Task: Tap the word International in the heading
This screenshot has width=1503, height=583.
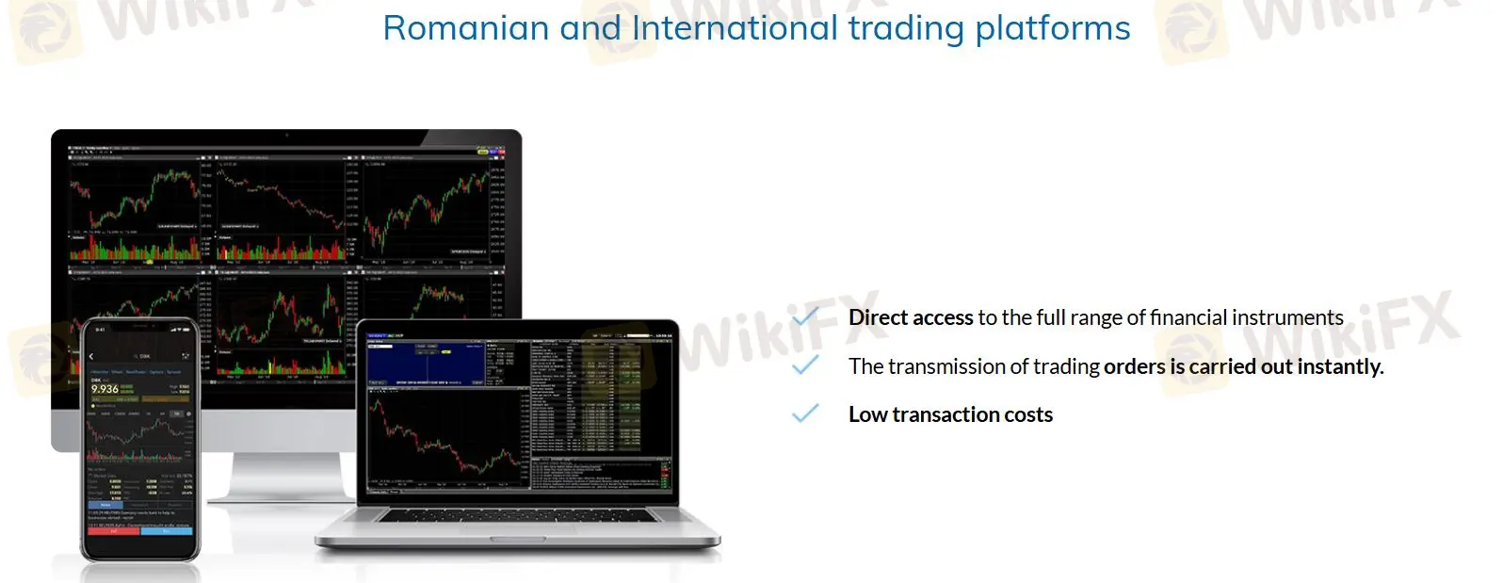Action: coord(735,28)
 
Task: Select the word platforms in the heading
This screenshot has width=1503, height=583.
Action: coord(1052,28)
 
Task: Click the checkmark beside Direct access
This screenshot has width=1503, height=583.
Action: coord(805,317)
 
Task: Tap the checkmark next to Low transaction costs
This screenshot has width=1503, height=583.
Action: coord(805,413)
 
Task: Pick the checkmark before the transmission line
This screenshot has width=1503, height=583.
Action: coord(805,365)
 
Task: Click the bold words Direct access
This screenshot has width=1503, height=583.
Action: coord(910,317)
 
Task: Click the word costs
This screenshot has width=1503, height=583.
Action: coord(1028,414)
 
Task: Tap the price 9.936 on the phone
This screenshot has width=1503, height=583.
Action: coord(105,389)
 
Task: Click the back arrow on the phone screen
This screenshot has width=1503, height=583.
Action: coord(91,357)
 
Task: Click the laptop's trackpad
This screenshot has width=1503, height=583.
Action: coord(517,539)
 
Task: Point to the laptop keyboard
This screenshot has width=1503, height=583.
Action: coord(517,516)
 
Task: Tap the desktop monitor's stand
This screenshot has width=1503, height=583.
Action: coord(283,480)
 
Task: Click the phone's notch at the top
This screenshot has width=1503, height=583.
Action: coord(140,327)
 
